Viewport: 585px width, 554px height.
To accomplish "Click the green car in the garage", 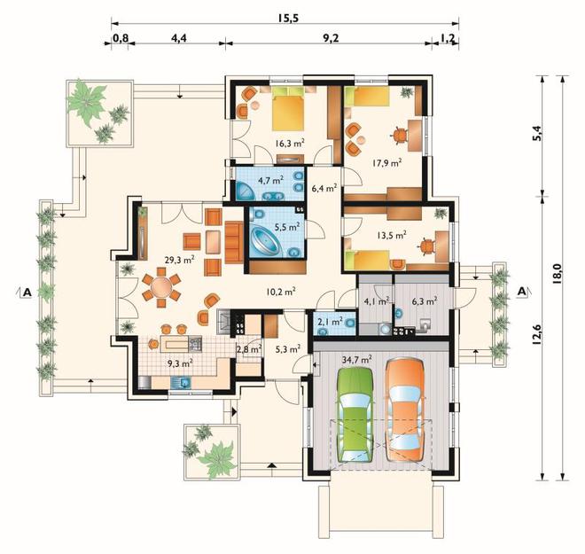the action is click(x=355, y=415).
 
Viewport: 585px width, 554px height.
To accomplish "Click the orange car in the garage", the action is click(x=405, y=410).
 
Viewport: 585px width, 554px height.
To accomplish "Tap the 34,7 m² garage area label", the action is click(x=356, y=360).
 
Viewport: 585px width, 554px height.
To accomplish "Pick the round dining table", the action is click(x=161, y=287).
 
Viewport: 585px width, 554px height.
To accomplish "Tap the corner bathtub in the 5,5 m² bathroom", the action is click(x=265, y=241).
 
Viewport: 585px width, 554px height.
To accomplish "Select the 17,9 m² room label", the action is click(x=387, y=163).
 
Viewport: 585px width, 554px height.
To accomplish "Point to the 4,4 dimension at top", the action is click(x=179, y=38).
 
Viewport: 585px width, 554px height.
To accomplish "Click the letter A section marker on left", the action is click(x=27, y=293).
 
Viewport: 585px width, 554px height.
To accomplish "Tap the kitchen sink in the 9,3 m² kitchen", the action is click(x=181, y=382).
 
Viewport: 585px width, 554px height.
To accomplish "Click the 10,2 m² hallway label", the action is click(x=281, y=292).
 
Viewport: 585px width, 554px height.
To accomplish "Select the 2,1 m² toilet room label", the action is click(x=331, y=321).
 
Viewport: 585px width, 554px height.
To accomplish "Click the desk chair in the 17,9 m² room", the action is click(x=400, y=135).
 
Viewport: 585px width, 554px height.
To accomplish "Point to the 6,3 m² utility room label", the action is click(x=425, y=301).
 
